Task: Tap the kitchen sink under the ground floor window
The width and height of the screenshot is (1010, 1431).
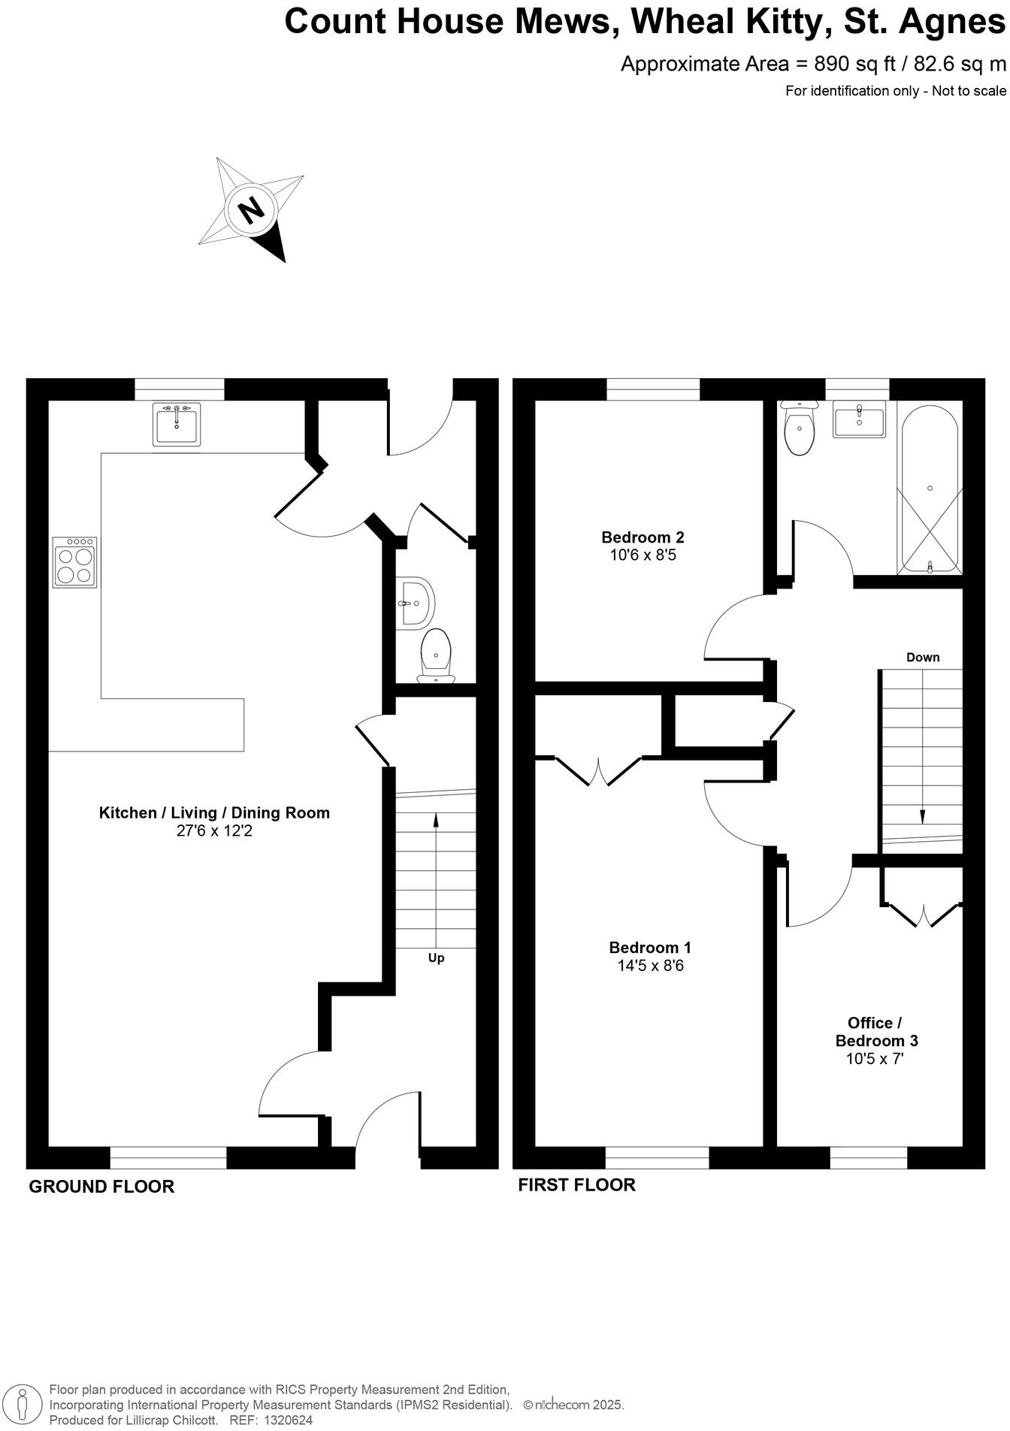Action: tap(177, 425)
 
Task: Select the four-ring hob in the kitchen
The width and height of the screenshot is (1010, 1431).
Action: tap(75, 562)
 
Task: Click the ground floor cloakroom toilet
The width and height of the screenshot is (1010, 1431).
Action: tap(437, 655)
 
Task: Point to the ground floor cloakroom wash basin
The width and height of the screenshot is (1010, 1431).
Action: tap(416, 602)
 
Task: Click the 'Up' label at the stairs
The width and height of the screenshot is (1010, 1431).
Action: tap(436, 958)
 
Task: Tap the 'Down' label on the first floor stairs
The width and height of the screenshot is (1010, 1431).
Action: tap(922, 658)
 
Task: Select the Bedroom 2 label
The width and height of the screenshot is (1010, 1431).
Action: tap(643, 537)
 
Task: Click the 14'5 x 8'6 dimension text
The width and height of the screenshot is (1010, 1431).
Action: tap(650, 966)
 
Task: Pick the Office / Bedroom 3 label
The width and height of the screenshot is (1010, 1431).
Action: tap(876, 1032)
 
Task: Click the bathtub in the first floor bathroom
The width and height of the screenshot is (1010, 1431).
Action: tap(930, 489)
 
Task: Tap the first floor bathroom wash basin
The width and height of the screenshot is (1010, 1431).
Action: tap(859, 419)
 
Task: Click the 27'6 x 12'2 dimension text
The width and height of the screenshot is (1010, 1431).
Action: tap(214, 831)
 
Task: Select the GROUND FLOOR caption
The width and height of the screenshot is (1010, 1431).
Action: tap(101, 1187)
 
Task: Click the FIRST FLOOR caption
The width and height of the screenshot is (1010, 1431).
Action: tap(576, 1185)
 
